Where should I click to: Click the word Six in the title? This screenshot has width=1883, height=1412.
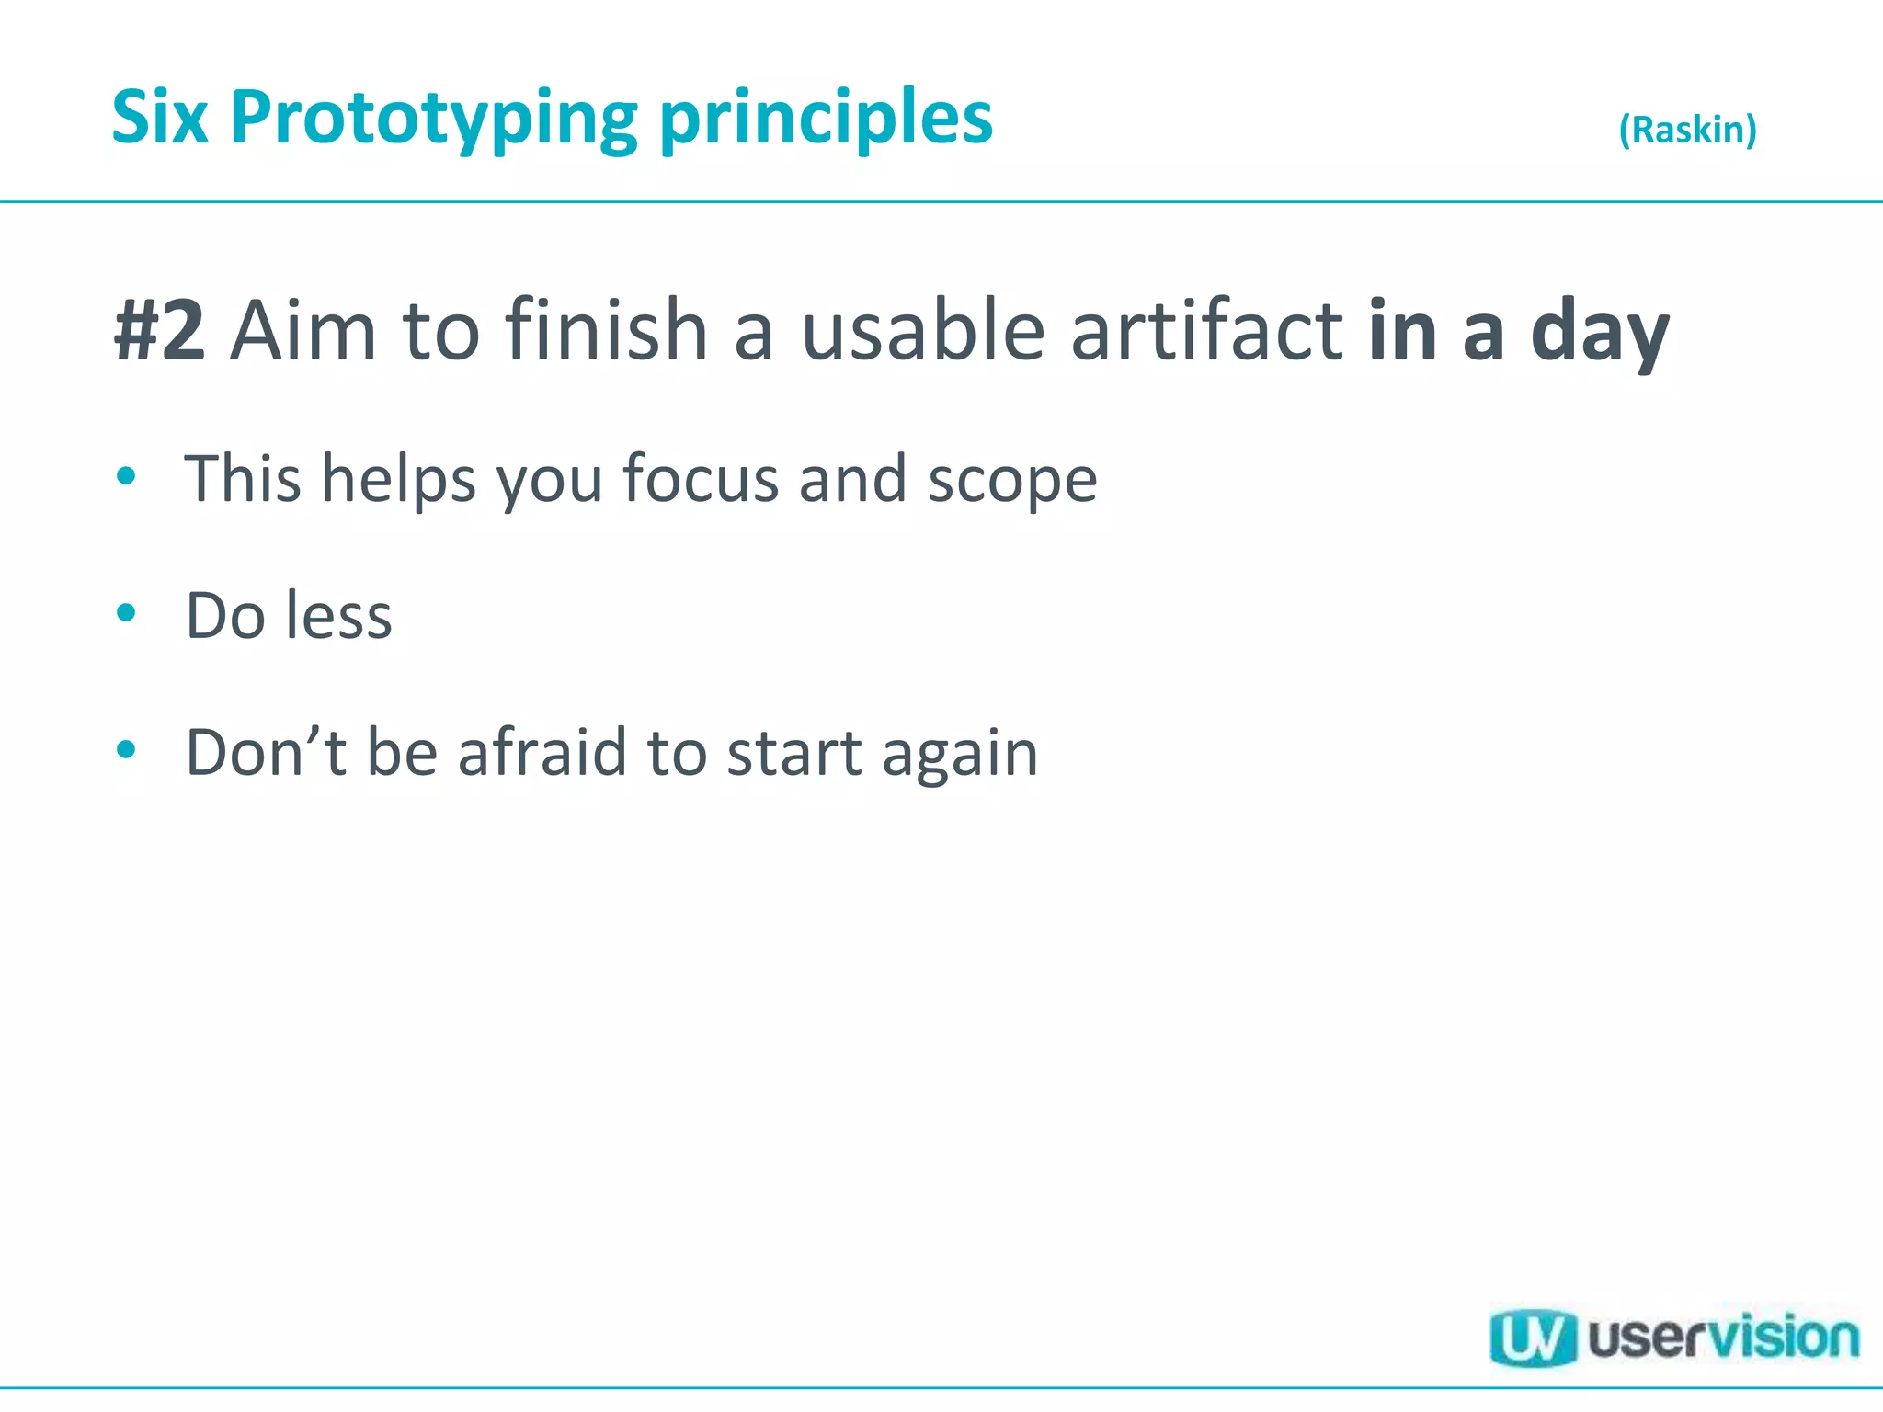pyautogui.click(x=159, y=118)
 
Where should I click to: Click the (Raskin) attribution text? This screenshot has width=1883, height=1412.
pyautogui.click(x=1687, y=129)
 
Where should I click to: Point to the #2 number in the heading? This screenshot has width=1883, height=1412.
pyautogui.click(x=159, y=331)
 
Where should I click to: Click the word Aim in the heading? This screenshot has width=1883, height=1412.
pyautogui.click(x=303, y=331)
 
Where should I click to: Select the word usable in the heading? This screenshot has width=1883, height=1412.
pyautogui.click(x=923, y=331)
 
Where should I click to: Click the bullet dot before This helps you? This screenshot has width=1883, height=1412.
pyautogui.click(x=127, y=476)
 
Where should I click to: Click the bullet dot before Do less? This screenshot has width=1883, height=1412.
pyautogui.click(x=127, y=612)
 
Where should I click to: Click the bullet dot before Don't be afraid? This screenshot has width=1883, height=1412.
pyautogui.click(x=127, y=749)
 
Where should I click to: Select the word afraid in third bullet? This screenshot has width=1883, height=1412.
pyautogui.click(x=542, y=752)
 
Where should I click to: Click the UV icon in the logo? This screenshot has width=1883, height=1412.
pyautogui.click(x=1532, y=1337)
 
